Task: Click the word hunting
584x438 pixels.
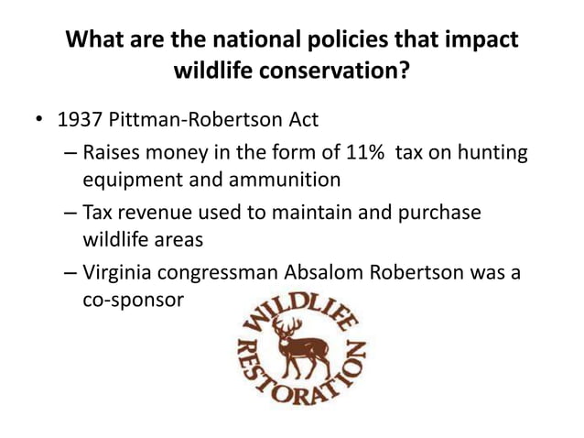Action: [x=491, y=152]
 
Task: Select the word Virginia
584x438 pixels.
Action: [x=117, y=271]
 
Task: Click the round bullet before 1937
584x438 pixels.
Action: [x=36, y=119]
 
